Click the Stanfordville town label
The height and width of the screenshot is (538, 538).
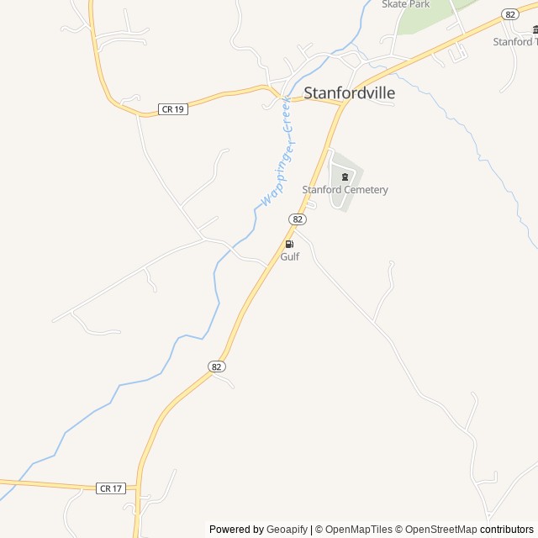[x=349, y=93]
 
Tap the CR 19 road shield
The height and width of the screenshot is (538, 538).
[x=172, y=109]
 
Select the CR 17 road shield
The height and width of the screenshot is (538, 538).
[x=111, y=488]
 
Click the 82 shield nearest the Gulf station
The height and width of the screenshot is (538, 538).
[x=298, y=219]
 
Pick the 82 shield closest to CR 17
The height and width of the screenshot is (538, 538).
[x=217, y=367]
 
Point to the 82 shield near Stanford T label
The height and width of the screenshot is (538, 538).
[x=509, y=14]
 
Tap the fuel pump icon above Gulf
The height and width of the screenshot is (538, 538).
[x=289, y=244]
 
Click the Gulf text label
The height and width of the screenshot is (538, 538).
[x=290, y=256]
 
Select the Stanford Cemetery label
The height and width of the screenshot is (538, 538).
[x=345, y=190]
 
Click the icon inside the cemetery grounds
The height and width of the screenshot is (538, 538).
[x=345, y=177]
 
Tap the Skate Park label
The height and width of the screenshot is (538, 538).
[x=405, y=4]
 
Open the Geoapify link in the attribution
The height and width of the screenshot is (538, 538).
[x=287, y=530]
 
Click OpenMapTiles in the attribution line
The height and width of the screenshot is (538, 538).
[x=358, y=530]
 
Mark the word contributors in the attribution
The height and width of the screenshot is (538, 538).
[x=507, y=530]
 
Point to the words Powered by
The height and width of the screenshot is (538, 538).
[x=236, y=530]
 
